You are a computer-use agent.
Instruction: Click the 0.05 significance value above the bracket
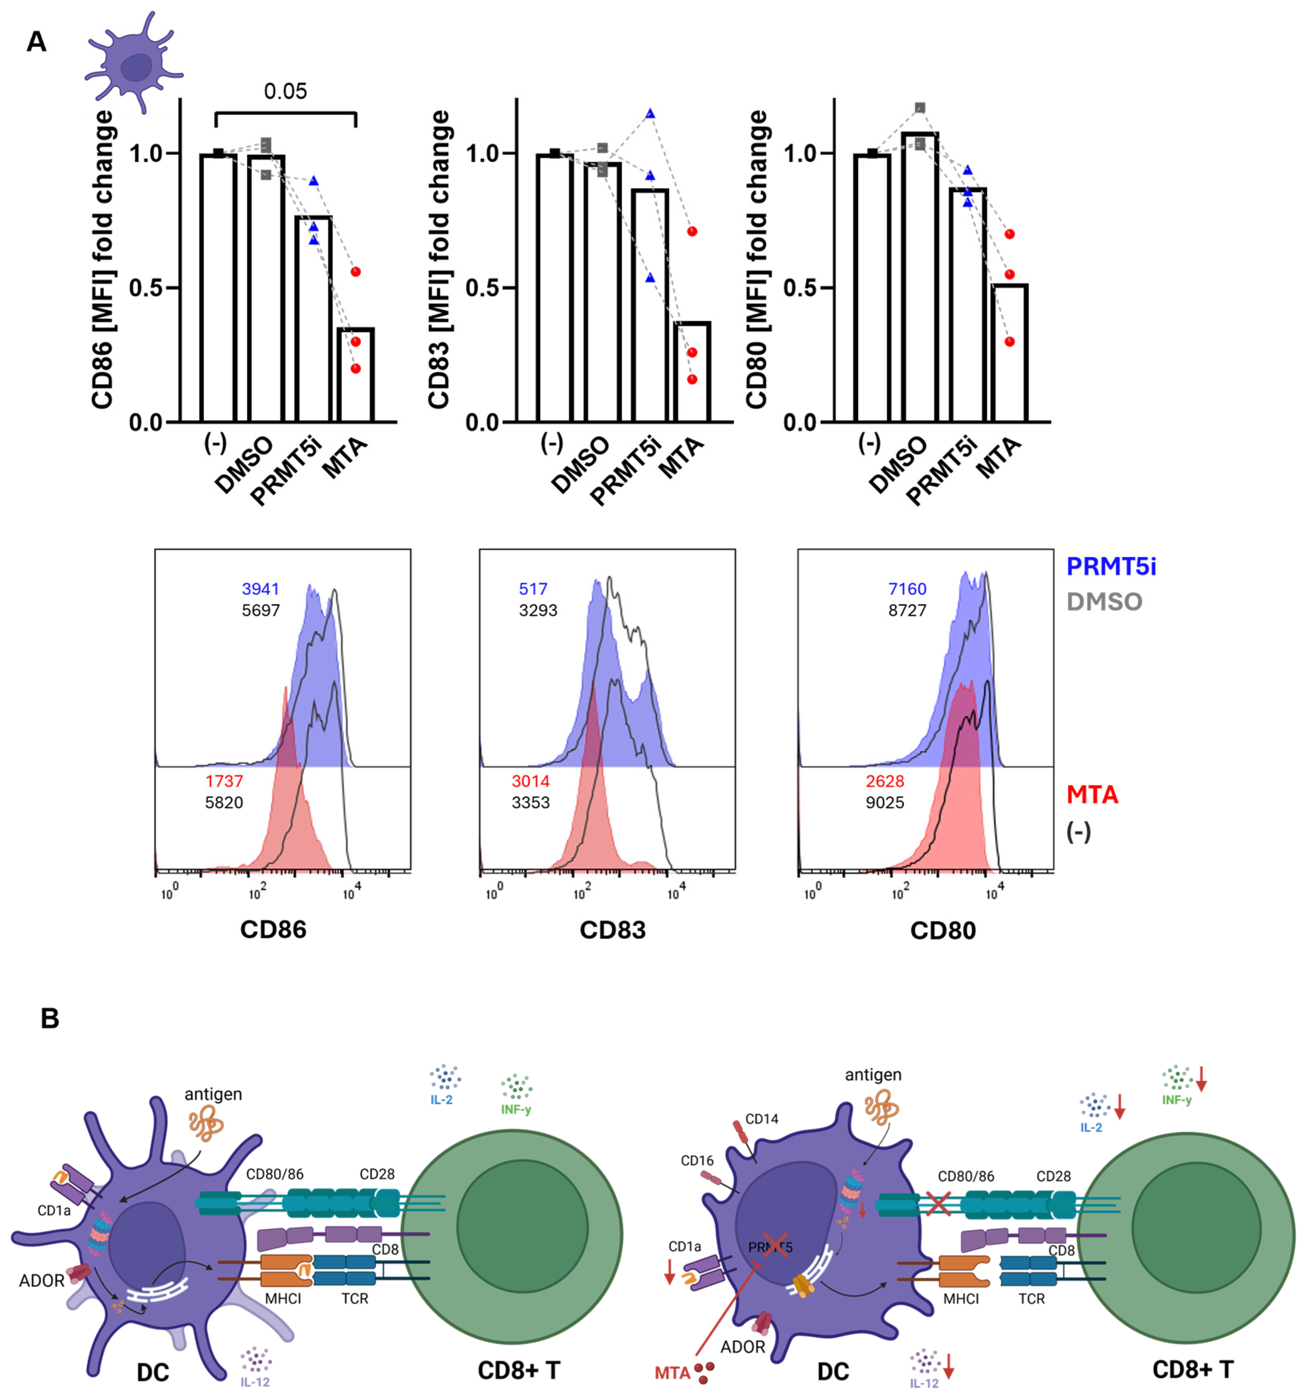pos(285,91)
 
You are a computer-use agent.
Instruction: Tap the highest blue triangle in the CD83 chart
pos(650,114)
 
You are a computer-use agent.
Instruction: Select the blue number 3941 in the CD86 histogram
pos(260,589)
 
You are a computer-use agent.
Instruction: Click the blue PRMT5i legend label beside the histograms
pos(1111,566)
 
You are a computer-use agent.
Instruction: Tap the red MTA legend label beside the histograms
pos(1092,795)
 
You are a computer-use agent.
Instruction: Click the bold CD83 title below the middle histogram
pos(612,930)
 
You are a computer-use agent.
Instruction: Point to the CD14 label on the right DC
pos(762,1119)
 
